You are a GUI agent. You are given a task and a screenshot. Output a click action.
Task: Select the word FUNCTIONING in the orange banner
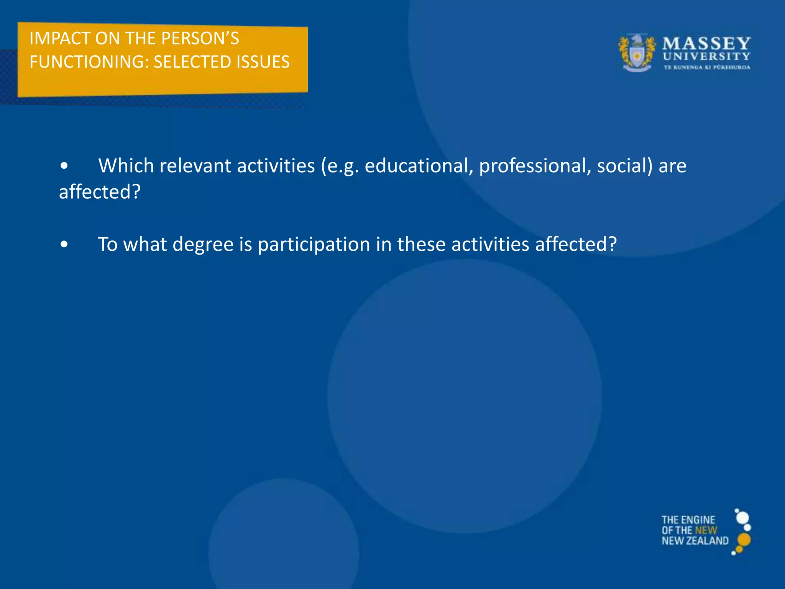[89, 62]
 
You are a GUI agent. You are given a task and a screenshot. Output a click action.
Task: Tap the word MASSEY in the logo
[706, 43]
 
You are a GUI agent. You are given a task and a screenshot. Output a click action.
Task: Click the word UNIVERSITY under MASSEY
[706, 57]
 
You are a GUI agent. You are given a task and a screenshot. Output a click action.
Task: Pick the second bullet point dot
[64, 245]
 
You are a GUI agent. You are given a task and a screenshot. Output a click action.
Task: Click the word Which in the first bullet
[126, 166]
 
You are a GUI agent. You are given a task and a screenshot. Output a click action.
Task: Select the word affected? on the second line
[100, 192]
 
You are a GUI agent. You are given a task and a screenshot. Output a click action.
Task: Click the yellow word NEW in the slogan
[706, 530]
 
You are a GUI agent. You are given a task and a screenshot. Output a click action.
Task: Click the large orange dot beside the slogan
[744, 540]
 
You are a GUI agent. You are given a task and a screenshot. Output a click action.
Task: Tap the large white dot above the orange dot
[742, 518]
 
